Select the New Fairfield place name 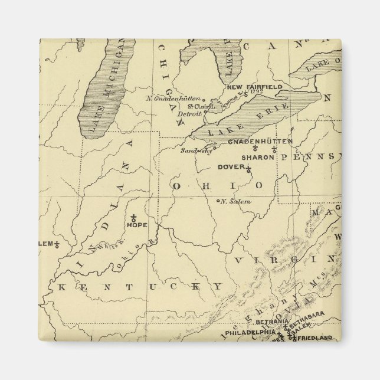pos(255,87)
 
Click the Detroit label pos(189,113)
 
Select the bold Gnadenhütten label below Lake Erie pos(260,142)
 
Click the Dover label pos(231,167)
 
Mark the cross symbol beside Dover pos(248,171)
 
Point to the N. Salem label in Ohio pos(235,202)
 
